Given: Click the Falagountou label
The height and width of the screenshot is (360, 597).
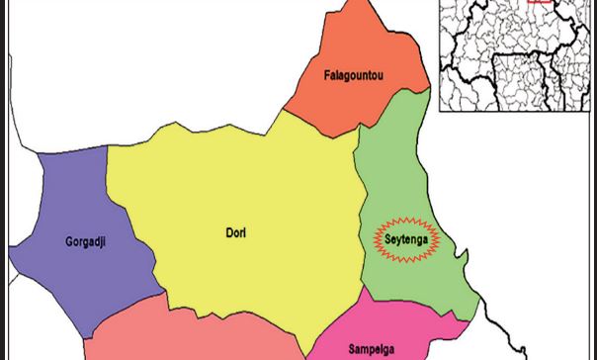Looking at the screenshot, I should click(x=354, y=75).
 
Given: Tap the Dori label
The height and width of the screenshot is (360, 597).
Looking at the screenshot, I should click(x=235, y=233).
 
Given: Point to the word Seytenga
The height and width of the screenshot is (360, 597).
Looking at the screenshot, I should click(x=405, y=239).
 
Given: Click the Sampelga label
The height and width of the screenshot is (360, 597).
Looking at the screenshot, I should click(x=372, y=349).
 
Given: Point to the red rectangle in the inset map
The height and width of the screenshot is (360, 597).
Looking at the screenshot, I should click(x=539, y=2).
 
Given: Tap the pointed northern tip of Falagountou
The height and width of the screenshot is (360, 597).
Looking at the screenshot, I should click(x=366, y=3).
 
